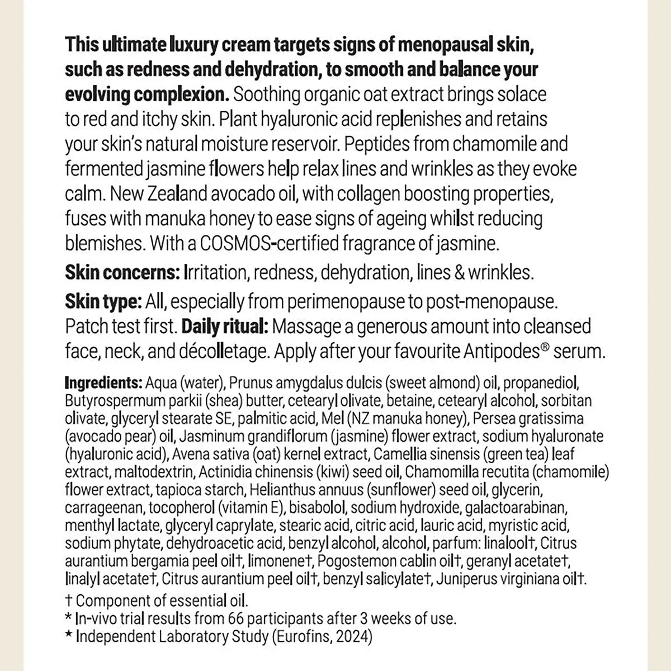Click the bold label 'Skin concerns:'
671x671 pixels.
click(121, 272)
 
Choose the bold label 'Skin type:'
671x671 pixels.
click(103, 302)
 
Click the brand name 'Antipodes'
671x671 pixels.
click(501, 352)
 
